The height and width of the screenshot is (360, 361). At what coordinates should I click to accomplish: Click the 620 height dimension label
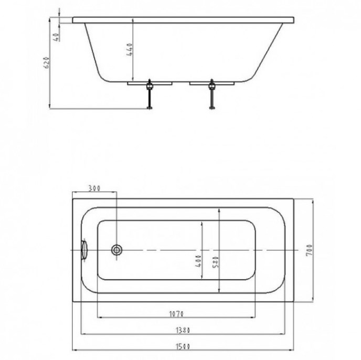tap(46, 62)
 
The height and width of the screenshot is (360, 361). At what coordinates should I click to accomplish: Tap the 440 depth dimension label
tap(130, 49)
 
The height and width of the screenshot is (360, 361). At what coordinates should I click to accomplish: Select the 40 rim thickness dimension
tap(57, 37)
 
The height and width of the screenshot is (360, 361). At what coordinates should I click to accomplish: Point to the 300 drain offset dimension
tap(94, 188)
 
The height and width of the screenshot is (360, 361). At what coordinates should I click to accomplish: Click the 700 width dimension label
tap(310, 250)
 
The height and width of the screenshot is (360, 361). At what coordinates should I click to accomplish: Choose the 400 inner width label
tap(198, 261)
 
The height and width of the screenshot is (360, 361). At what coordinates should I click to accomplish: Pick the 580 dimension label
tap(216, 262)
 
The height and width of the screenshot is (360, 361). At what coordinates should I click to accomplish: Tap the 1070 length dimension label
tap(176, 314)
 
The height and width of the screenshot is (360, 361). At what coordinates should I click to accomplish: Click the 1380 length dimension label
tap(183, 330)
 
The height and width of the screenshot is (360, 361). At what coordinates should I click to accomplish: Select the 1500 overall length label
tap(183, 346)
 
